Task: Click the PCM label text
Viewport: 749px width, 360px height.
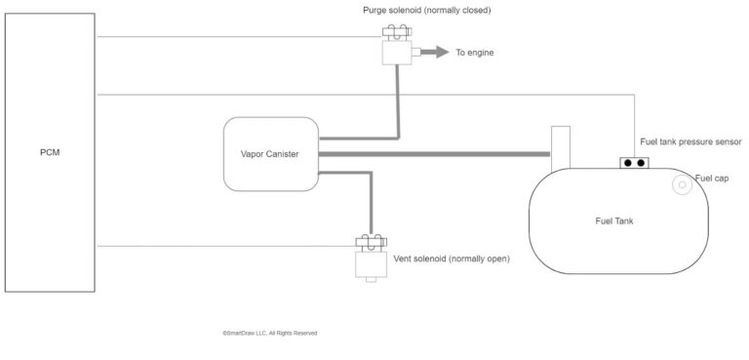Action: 49,152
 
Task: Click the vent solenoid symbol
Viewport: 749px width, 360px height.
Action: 370,260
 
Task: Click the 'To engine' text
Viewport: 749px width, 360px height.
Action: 475,52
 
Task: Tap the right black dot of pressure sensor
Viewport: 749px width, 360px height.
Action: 641,163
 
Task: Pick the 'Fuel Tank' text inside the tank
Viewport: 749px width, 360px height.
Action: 614,220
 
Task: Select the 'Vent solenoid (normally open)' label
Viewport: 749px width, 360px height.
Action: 451,260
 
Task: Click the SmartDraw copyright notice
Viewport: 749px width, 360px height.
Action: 269,333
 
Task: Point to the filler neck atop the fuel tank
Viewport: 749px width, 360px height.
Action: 560,146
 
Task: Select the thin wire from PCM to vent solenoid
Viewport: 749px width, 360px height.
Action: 224,246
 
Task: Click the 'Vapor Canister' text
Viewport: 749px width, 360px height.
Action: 269,153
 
